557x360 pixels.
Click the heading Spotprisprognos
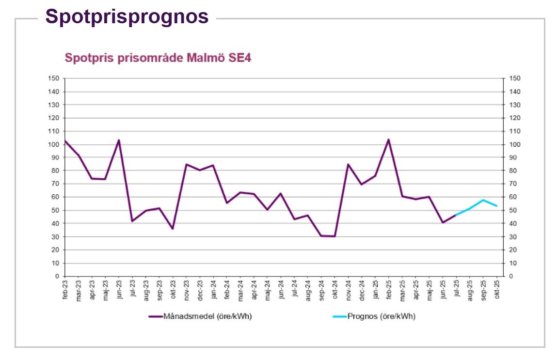click(x=127, y=16)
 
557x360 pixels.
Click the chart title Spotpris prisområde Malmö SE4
click(x=158, y=58)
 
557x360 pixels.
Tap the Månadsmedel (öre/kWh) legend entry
click(x=201, y=316)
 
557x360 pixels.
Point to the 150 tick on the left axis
click(x=54, y=78)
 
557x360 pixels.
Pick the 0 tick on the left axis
click(x=57, y=276)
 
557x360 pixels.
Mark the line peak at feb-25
click(x=388, y=140)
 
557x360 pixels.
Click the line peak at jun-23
click(x=119, y=140)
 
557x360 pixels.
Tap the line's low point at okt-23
click(x=173, y=229)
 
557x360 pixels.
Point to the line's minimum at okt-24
click(x=334, y=236)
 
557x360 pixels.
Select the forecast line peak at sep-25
click(x=483, y=200)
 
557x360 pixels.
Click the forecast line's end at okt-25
click(x=496, y=206)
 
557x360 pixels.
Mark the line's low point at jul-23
click(x=132, y=221)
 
